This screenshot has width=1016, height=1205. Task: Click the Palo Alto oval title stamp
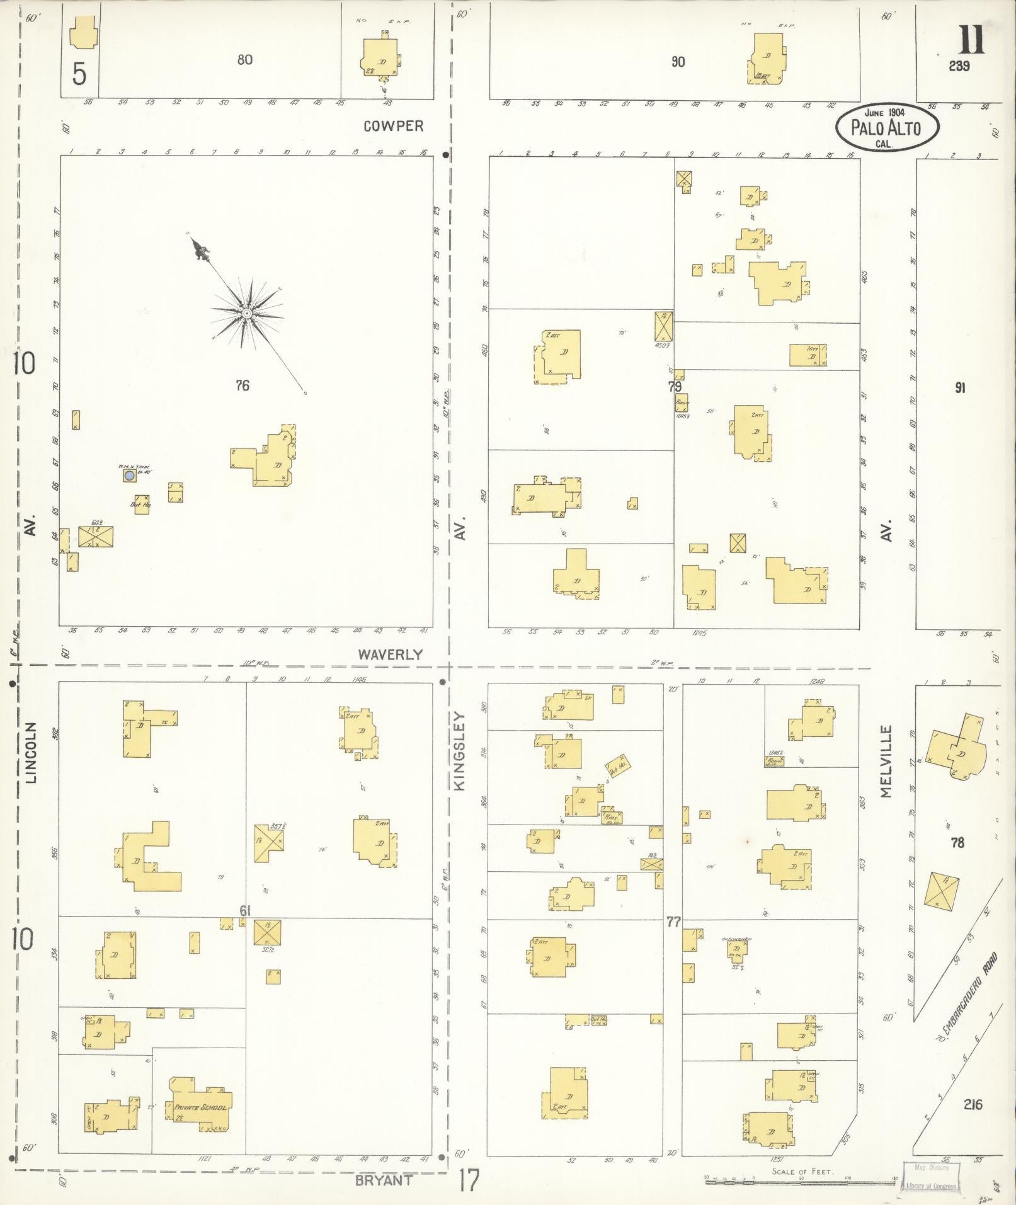tap(886, 127)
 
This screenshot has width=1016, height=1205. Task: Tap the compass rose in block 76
tap(247, 312)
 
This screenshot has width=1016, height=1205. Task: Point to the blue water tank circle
tap(129, 476)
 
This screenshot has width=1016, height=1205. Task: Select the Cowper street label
tap(394, 126)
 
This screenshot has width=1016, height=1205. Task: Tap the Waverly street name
tap(390, 654)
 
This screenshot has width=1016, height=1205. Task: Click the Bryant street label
tap(384, 1180)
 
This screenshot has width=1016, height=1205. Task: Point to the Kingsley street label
tap(459, 751)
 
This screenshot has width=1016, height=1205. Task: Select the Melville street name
tap(887, 761)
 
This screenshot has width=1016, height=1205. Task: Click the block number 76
tap(243, 385)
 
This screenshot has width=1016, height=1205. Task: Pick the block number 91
tap(959, 388)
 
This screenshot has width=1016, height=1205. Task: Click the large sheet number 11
tap(971, 39)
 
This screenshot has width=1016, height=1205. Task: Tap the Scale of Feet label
tap(802, 1171)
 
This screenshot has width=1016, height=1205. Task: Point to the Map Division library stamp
tap(931, 1176)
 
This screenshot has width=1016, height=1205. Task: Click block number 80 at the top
tap(245, 60)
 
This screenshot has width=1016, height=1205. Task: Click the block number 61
tap(246, 910)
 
